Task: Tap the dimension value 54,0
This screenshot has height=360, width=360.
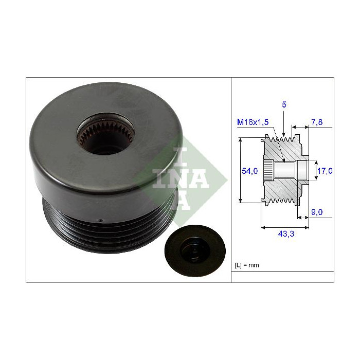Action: (x=249, y=171)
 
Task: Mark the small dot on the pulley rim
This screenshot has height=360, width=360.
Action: (x=100, y=221)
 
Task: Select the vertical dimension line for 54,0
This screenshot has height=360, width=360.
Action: (x=241, y=171)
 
